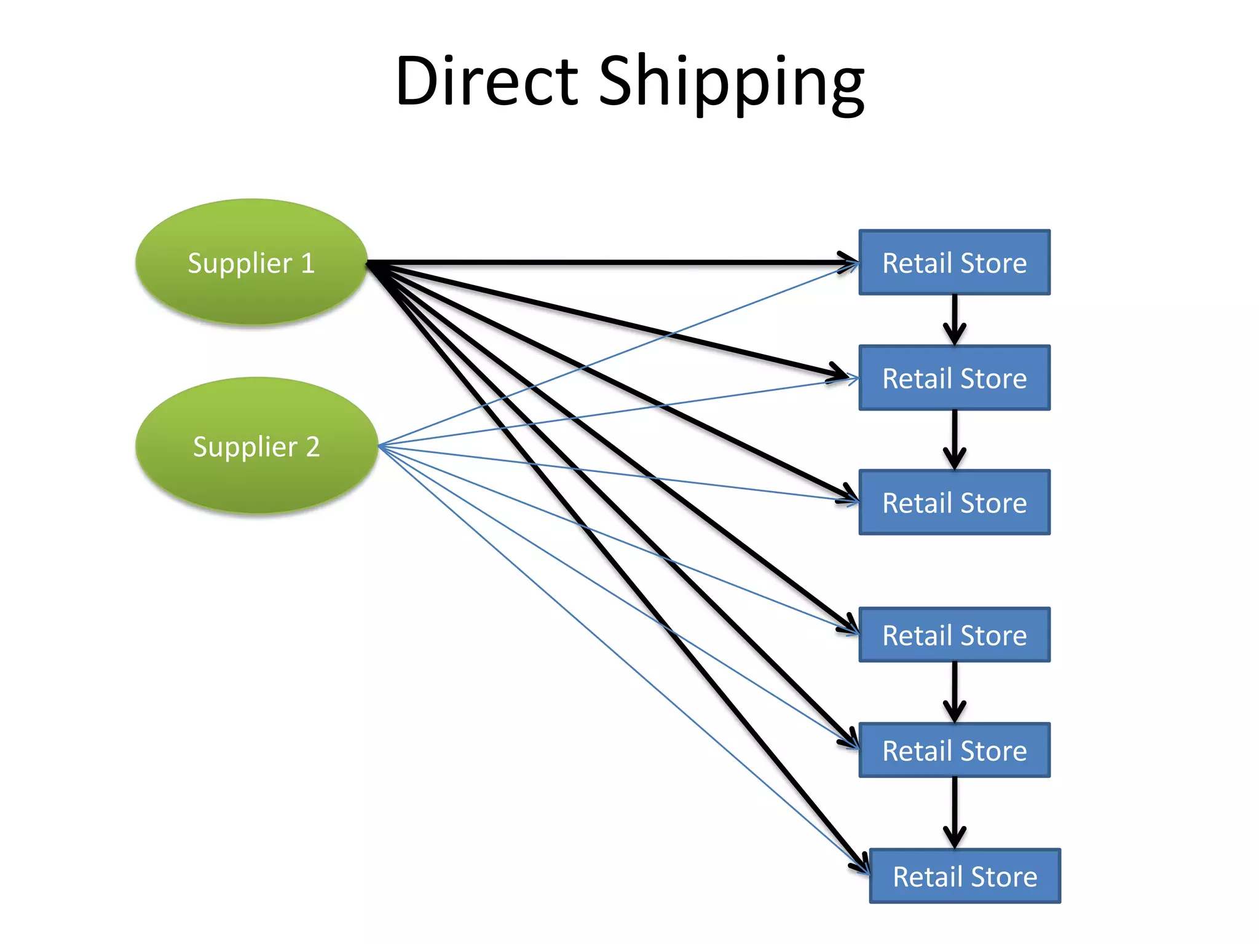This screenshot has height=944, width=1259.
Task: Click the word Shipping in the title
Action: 732,83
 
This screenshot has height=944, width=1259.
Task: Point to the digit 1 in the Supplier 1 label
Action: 307,263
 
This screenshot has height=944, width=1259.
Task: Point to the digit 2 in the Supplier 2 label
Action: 312,447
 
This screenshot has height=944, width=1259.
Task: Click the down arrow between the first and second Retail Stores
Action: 954,320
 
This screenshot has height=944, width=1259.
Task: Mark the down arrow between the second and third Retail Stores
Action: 954,439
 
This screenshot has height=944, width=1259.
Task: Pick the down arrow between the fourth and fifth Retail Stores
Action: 954,692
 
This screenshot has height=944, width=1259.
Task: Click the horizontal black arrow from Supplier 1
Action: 615,262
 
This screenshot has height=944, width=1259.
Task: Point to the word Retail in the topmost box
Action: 917,263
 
